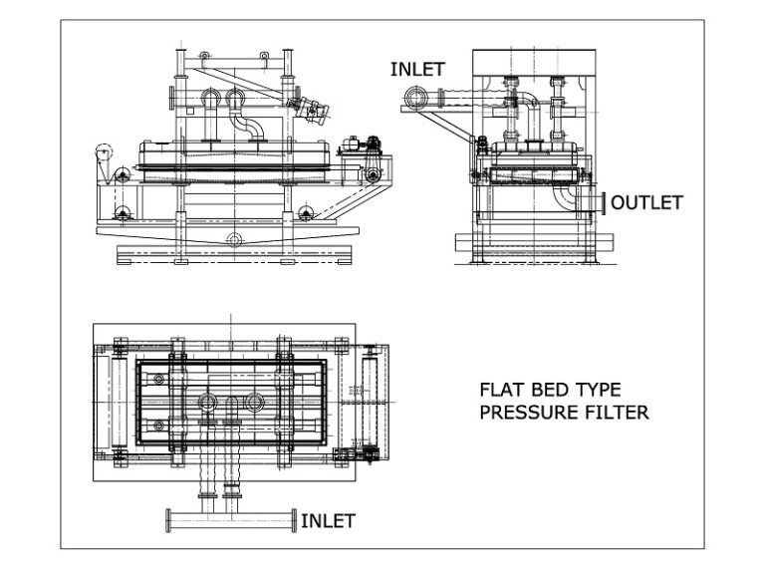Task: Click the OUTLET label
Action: coord(646,202)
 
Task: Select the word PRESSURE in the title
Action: coord(525,412)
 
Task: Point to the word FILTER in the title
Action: coord(615,412)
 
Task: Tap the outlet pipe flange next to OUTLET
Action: coord(603,202)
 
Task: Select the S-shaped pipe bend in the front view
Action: coord(245,126)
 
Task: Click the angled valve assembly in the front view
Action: coord(314,111)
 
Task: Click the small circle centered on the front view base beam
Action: coord(233,239)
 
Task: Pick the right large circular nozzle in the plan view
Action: coord(257,402)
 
